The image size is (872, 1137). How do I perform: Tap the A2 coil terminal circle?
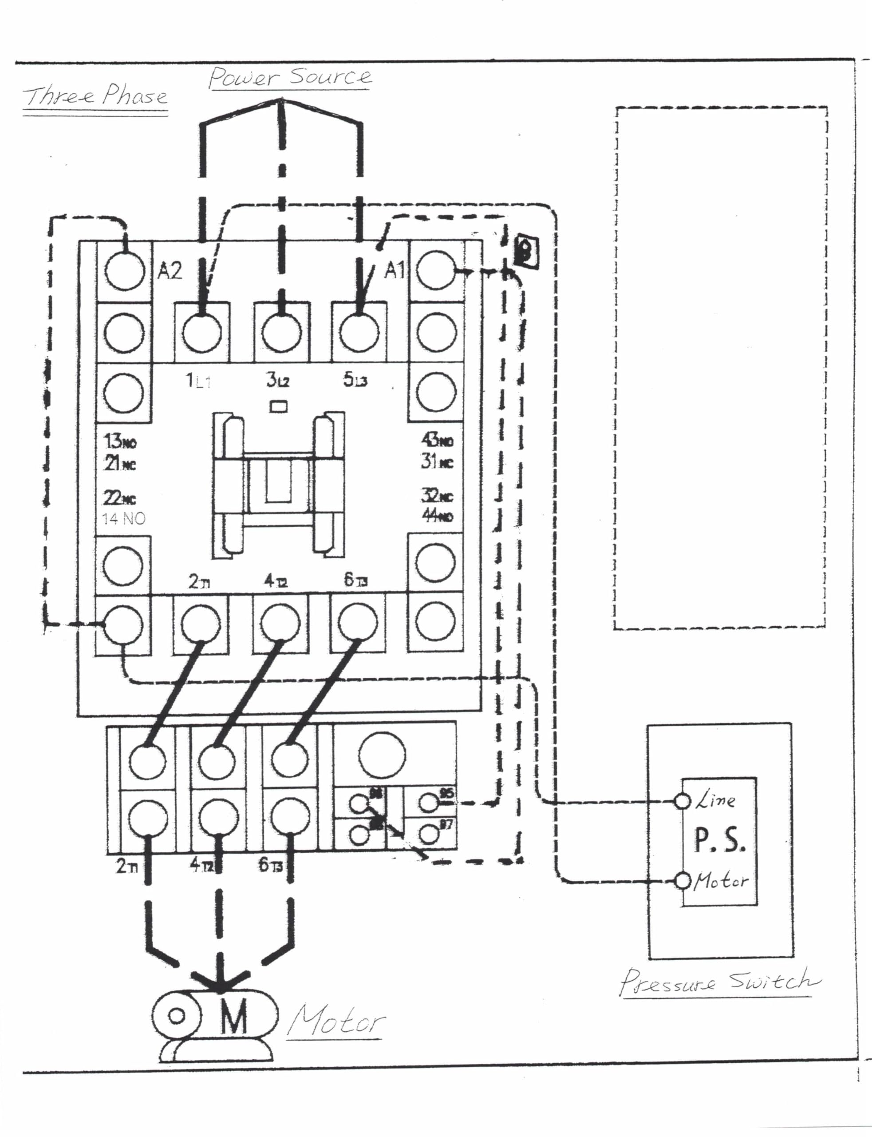coord(124,270)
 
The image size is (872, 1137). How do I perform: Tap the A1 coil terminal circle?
coord(436,270)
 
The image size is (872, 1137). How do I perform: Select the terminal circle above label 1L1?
coord(202,332)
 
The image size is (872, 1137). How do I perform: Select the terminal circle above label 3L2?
coord(281,332)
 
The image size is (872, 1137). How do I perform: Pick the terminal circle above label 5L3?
coord(359,332)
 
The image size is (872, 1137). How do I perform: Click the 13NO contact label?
coord(120,441)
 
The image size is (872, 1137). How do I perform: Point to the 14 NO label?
coord(123,518)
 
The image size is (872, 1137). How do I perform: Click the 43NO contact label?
coord(437,440)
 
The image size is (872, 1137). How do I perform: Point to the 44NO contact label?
coord(437,516)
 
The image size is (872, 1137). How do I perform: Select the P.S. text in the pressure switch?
coord(720,840)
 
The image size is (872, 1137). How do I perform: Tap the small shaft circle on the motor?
coord(177,1015)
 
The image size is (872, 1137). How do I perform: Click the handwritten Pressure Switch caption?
coord(719,981)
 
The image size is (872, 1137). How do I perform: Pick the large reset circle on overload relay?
coord(382,755)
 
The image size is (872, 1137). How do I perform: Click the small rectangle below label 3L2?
coord(279,406)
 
